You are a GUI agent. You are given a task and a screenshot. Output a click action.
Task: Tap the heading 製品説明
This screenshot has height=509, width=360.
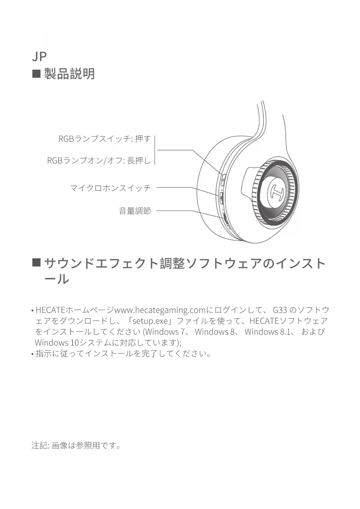pyautogui.click(x=69, y=74)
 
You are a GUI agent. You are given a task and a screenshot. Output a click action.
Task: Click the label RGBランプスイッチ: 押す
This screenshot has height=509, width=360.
pyautogui.click(x=104, y=139)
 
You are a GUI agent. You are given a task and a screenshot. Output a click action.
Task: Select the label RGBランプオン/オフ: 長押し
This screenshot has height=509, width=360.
pyautogui.click(x=99, y=160)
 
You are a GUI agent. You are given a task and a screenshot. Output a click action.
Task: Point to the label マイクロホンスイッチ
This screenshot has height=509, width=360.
pyautogui.click(x=110, y=188)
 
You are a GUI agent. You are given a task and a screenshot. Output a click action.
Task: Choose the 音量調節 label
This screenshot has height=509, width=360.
pyautogui.click(x=135, y=211)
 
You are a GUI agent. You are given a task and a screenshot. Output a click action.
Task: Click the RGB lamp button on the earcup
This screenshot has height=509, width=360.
pyautogui.click(x=223, y=179)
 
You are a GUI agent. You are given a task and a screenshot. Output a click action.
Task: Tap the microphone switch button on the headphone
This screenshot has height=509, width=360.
pyautogui.click(x=221, y=198)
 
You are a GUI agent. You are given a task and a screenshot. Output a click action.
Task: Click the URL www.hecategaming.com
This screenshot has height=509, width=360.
pyautogui.click(x=160, y=310)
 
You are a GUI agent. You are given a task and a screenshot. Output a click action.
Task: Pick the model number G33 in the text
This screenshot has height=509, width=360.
pyautogui.click(x=280, y=310)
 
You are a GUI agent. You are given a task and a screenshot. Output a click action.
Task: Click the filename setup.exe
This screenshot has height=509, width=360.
pyautogui.click(x=150, y=321)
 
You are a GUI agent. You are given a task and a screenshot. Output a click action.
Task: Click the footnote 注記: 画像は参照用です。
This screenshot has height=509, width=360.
pyautogui.click(x=76, y=445)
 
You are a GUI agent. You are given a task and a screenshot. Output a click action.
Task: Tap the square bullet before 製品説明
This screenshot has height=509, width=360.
pyautogui.click(x=36, y=74)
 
